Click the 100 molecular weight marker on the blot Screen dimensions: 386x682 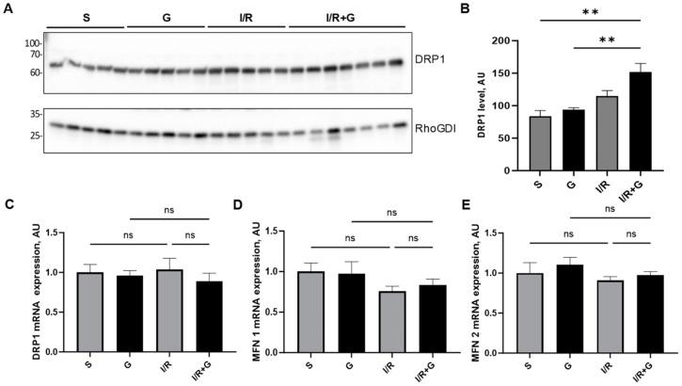(x=33, y=43)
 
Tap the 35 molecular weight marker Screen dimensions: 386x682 (x=34, y=114)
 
